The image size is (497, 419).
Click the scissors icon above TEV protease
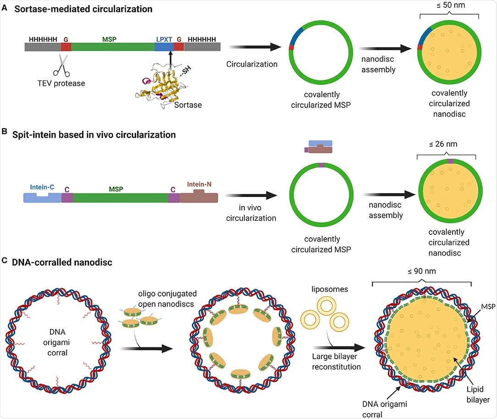coord(61,64)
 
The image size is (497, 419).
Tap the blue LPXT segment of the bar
coord(164,46)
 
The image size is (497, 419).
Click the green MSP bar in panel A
coord(113,46)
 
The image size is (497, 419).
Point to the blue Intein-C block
coord(42,197)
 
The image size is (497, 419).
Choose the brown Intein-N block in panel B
coord(199,196)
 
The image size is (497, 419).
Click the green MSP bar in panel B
coord(121,197)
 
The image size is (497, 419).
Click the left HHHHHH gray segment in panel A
coord(43,46)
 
